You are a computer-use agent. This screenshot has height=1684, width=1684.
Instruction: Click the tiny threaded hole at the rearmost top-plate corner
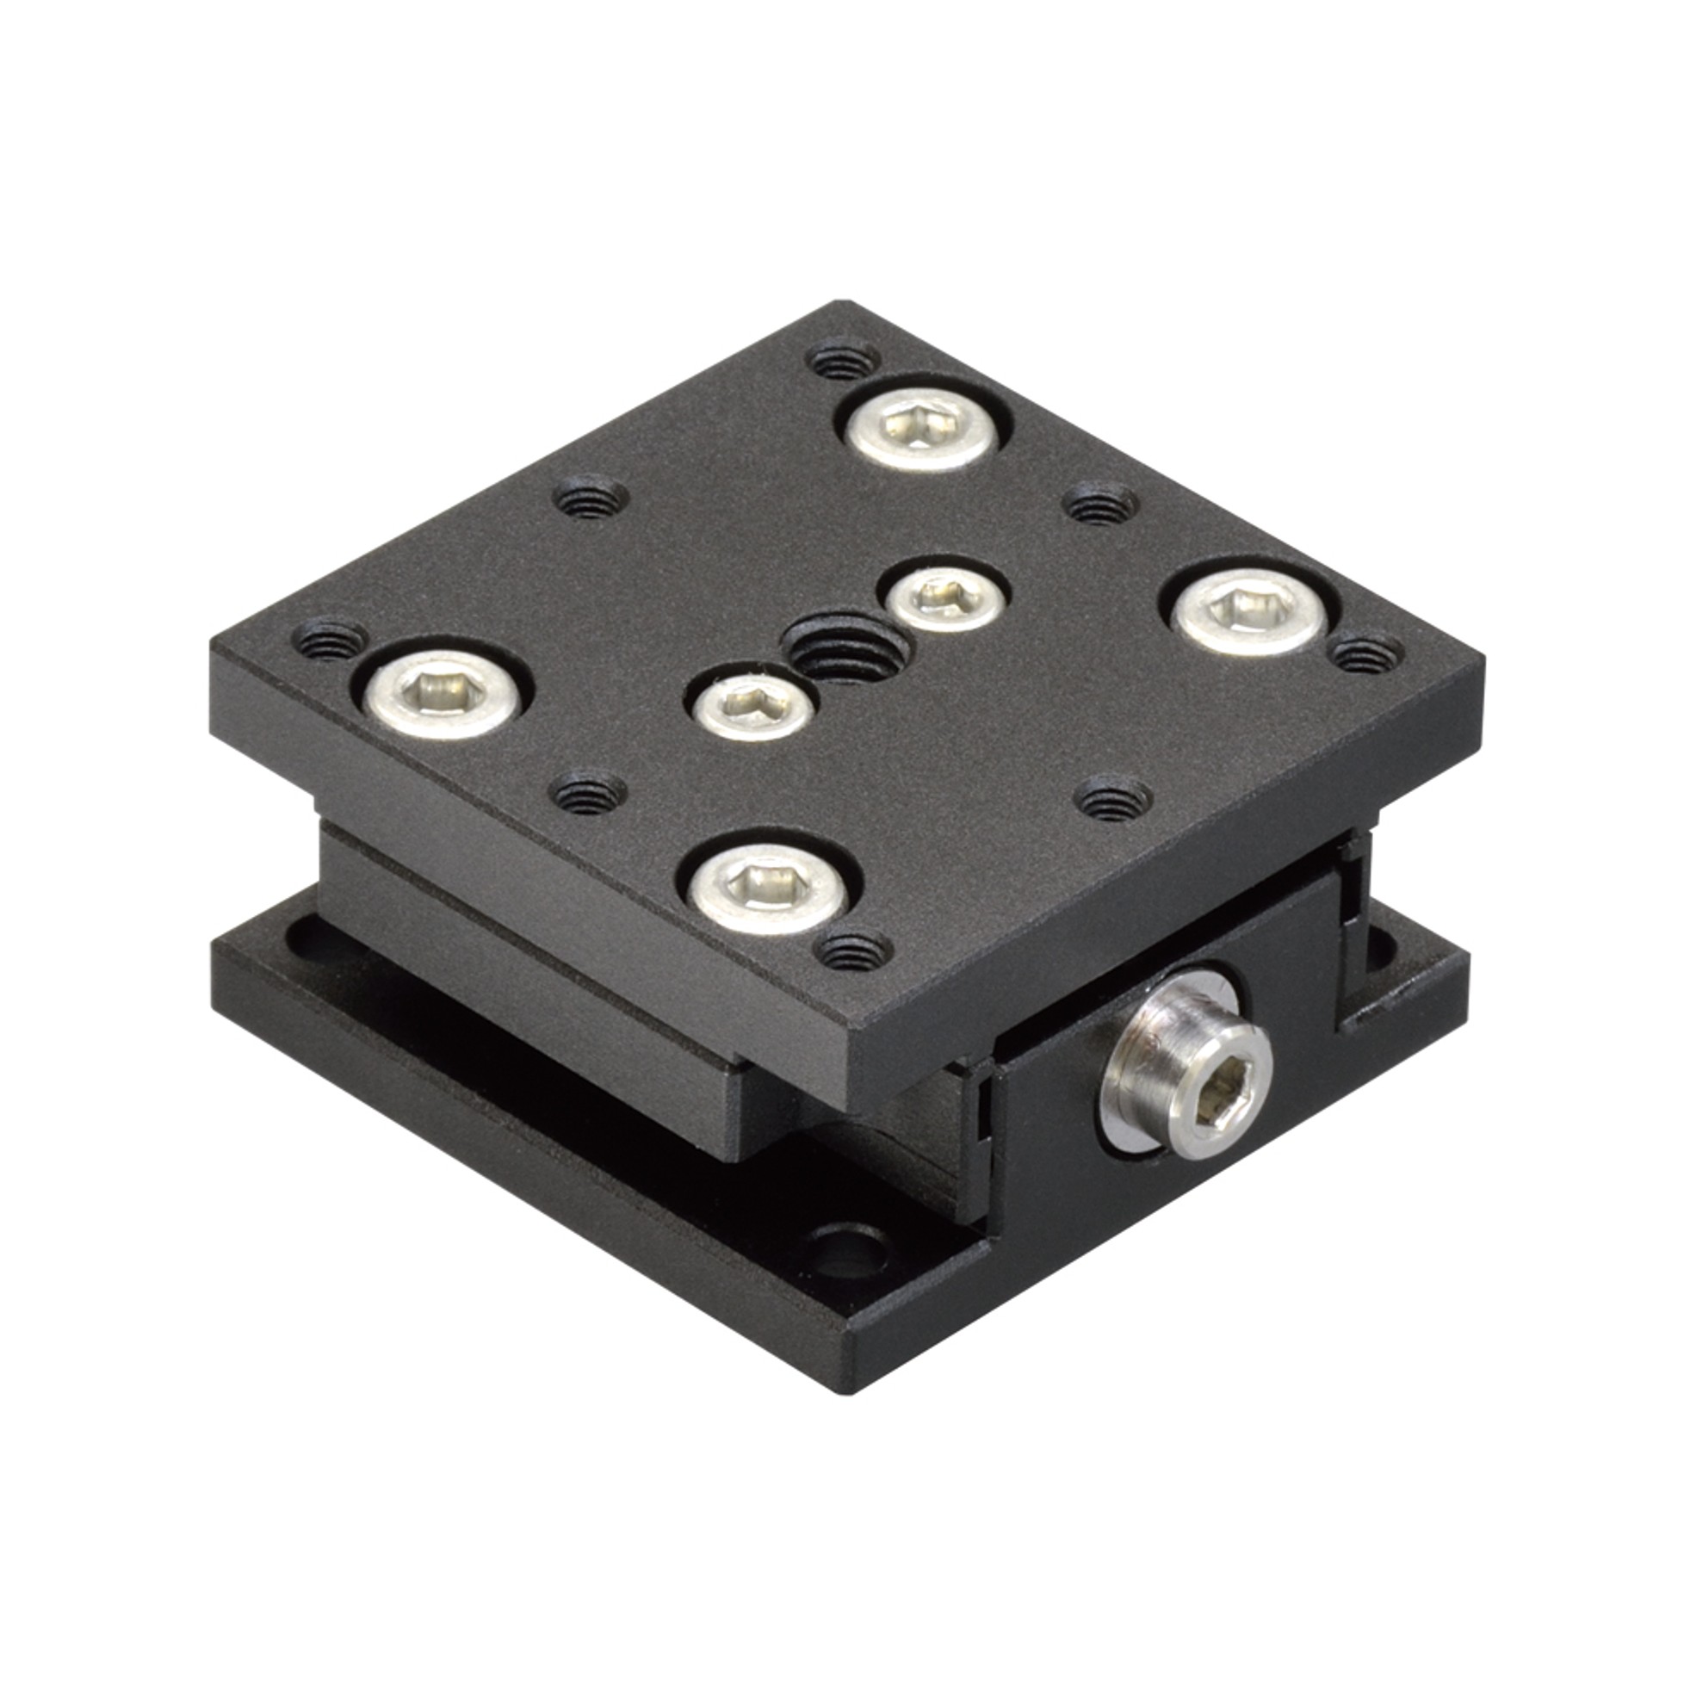[843, 358]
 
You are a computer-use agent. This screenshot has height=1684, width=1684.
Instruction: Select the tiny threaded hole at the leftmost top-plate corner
[330, 641]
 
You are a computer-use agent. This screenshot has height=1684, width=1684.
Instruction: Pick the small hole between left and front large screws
[591, 789]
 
